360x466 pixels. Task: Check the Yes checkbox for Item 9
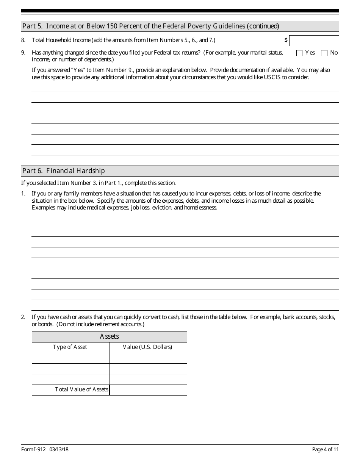(299, 53)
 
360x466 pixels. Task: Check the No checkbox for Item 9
(324, 53)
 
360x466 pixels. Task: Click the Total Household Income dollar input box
(314, 41)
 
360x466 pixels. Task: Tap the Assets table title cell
(109, 337)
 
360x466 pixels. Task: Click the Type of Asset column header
(70, 347)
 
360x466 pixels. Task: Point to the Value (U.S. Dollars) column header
(147, 347)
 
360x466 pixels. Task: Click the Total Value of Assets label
(81, 389)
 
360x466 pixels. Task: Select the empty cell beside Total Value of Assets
(148, 390)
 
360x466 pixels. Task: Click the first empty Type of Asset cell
(71, 358)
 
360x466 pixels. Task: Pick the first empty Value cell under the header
(148, 358)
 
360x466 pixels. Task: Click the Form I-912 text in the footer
(33, 449)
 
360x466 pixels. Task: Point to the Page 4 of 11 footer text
(325, 449)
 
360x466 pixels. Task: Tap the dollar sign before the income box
(286, 40)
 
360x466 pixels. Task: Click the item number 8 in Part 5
(23, 40)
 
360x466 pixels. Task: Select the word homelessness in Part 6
(200, 208)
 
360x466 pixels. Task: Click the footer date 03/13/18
(59, 449)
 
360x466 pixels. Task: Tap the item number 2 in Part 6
(23, 317)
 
